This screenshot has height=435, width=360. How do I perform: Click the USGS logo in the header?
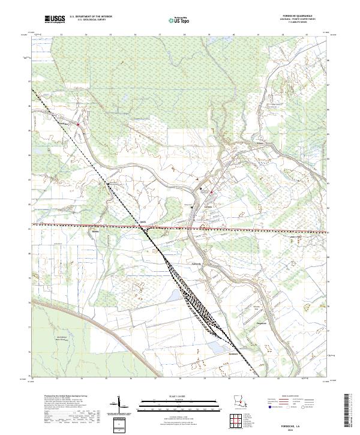point(55,19)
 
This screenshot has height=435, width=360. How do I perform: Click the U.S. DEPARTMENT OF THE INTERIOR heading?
point(91,16)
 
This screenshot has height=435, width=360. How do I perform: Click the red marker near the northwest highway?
point(78,124)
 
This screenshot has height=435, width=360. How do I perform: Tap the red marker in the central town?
point(211,192)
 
